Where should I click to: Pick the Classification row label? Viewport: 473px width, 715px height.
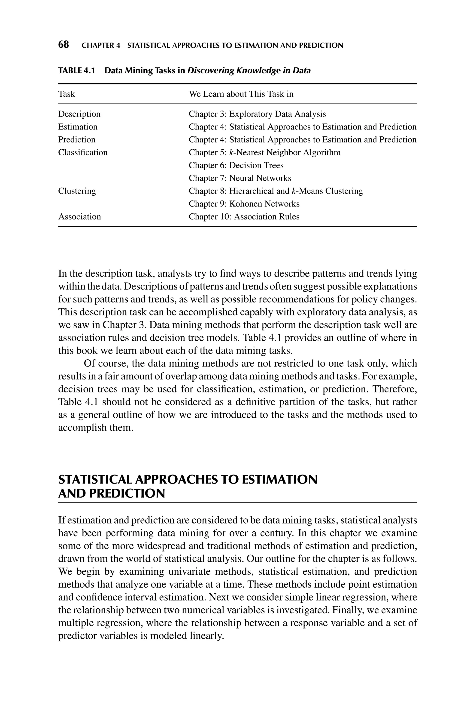point(83,152)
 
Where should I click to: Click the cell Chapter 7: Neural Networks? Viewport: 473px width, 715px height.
point(240,178)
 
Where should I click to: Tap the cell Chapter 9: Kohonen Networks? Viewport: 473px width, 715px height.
point(244,204)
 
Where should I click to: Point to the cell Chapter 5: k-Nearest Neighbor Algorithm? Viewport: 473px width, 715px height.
point(264,152)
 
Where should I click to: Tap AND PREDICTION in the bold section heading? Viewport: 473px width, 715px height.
point(112,494)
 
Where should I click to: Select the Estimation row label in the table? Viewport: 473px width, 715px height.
point(78,127)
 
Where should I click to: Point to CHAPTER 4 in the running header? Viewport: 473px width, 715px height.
point(101,46)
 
